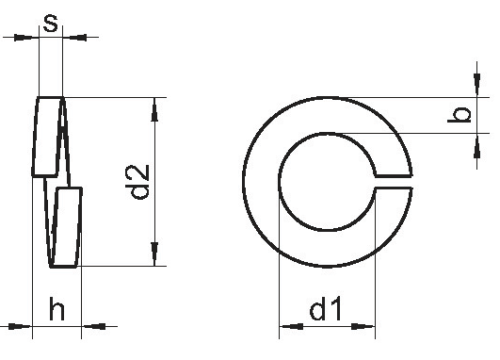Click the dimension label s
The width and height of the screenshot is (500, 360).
(x=51, y=24)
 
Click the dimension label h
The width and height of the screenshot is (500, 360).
(x=56, y=308)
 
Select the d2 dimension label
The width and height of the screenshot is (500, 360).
(x=137, y=182)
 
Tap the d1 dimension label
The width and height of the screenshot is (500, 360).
(x=325, y=308)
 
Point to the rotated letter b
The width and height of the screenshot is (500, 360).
(x=459, y=115)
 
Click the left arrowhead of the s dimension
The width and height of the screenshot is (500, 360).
(x=24, y=38)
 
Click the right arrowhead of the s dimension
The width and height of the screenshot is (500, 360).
(x=78, y=38)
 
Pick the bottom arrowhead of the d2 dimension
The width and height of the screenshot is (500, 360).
(x=154, y=254)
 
